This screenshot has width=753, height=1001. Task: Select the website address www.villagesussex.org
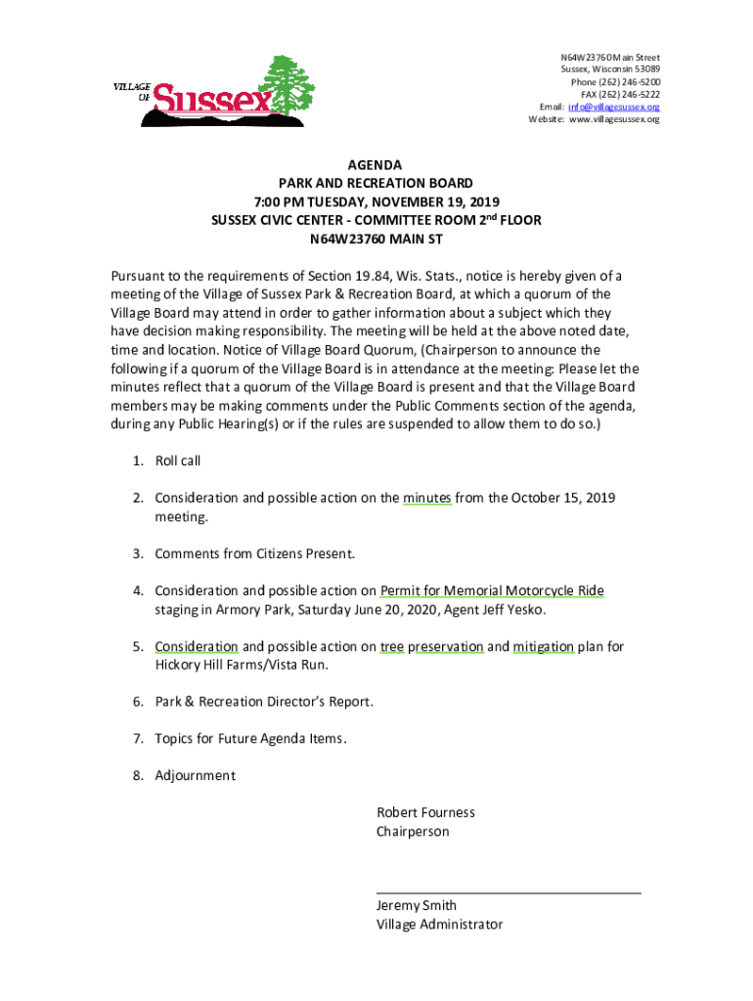tap(614, 119)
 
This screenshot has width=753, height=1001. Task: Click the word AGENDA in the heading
tap(376, 165)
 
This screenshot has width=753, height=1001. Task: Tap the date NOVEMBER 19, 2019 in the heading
tap(430, 202)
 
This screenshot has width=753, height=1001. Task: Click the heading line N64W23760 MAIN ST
tap(376, 239)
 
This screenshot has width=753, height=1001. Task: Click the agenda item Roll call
tap(178, 460)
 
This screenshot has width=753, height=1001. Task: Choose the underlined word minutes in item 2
tap(427, 498)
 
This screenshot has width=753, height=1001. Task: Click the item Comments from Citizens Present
tap(254, 554)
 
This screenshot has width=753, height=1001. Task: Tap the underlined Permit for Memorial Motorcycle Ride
tap(492, 590)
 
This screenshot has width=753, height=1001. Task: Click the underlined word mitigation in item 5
tap(543, 646)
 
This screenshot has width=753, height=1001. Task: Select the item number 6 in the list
tap(139, 702)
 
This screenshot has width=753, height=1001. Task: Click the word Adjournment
tap(196, 775)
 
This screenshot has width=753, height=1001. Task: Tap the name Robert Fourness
tap(425, 812)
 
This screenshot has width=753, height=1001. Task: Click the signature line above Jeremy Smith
tap(509, 892)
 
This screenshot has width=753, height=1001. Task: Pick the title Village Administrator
tap(440, 924)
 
